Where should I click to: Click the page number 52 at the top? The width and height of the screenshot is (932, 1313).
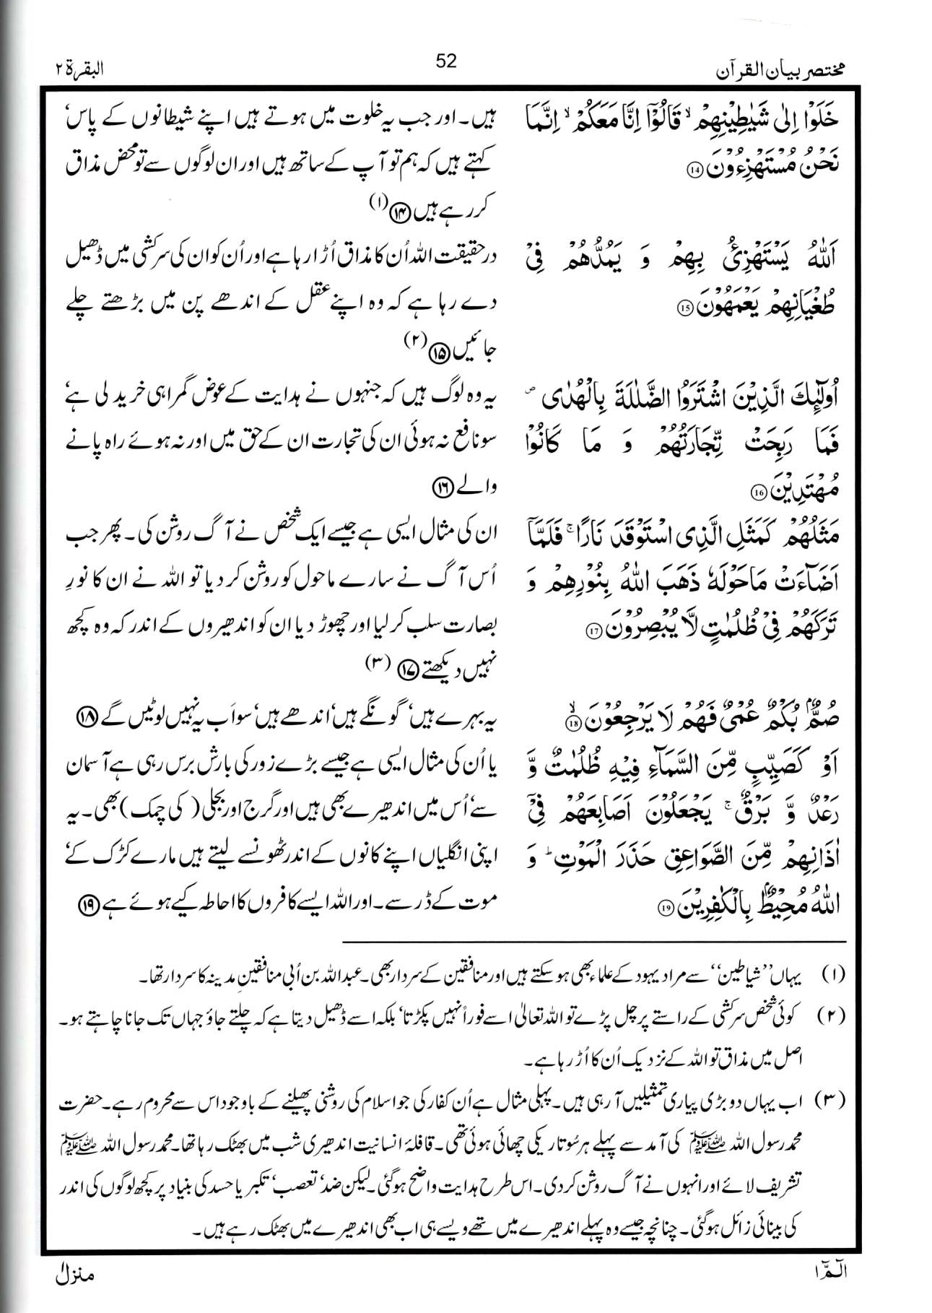click(447, 61)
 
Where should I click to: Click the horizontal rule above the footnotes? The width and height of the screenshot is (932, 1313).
click(592, 942)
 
